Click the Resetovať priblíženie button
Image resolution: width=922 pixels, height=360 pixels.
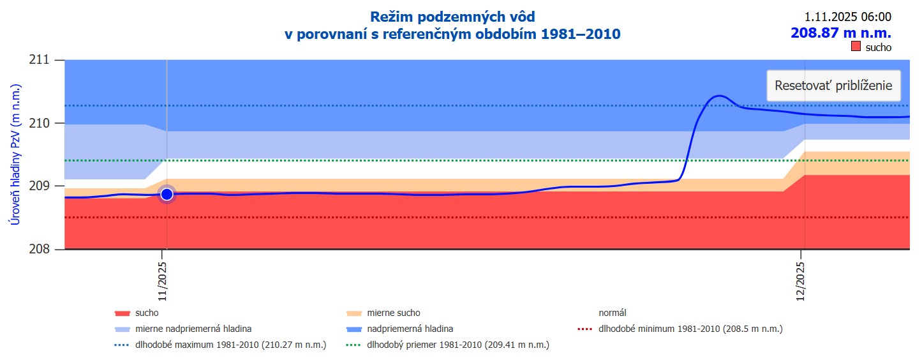tap(833, 86)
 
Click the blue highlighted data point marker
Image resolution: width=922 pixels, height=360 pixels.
tap(167, 194)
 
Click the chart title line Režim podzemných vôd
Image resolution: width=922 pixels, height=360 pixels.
tap(452, 17)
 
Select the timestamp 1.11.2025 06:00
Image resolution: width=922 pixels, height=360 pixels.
tap(847, 17)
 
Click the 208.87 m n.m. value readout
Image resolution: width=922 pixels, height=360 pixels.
tap(841, 33)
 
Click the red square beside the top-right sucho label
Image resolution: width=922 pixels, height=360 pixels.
tap(856, 47)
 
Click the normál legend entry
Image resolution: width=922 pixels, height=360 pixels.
tap(612, 313)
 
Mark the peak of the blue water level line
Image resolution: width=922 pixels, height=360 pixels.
tap(719, 96)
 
